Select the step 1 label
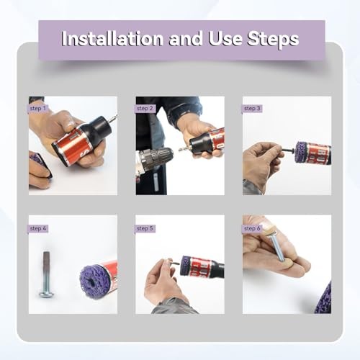tap(38, 109)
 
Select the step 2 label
tap(145, 109)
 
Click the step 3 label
tap(251, 109)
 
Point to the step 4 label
tap(38, 228)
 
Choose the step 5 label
tap(145, 228)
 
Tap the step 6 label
tap(251, 228)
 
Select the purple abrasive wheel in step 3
tap(302, 152)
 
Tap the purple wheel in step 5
tap(185, 265)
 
